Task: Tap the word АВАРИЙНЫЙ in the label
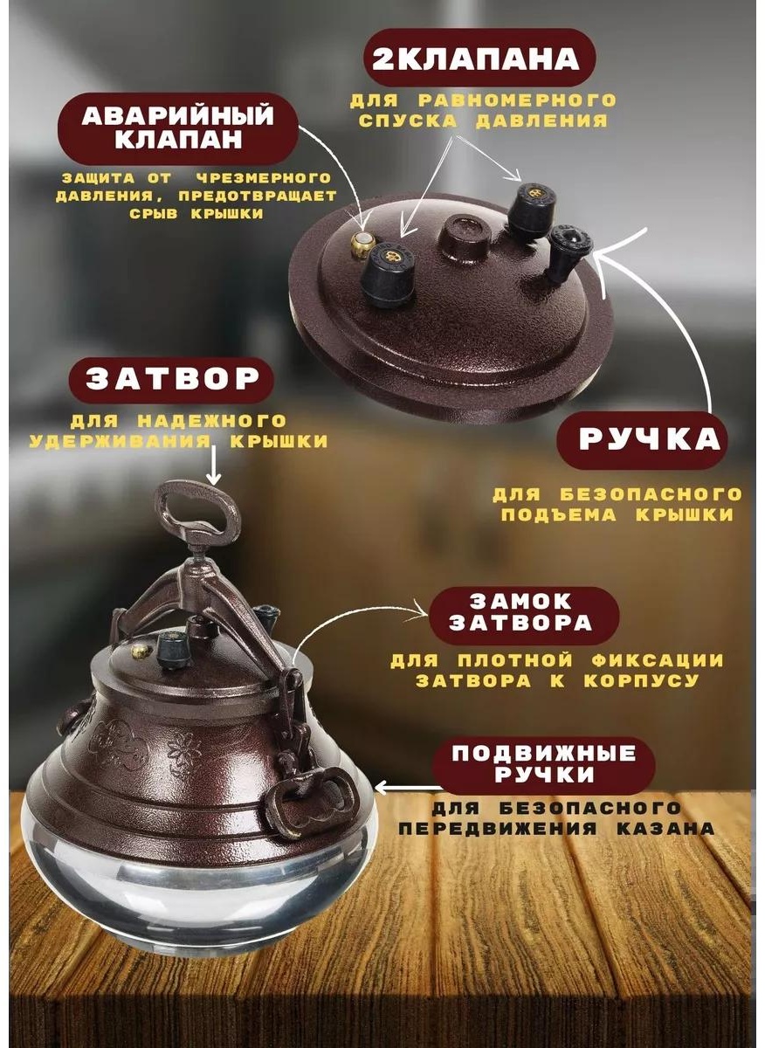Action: tap(178, 115)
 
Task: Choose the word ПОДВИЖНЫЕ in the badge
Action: tap(544, 753)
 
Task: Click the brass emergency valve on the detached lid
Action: tap(362, 240)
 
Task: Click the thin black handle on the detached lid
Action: tap(569, 252)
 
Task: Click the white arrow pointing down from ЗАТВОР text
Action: tap(213, 465)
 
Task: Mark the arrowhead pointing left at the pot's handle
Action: tap(382, 789)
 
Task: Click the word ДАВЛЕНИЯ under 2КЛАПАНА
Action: tap(541, 121)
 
